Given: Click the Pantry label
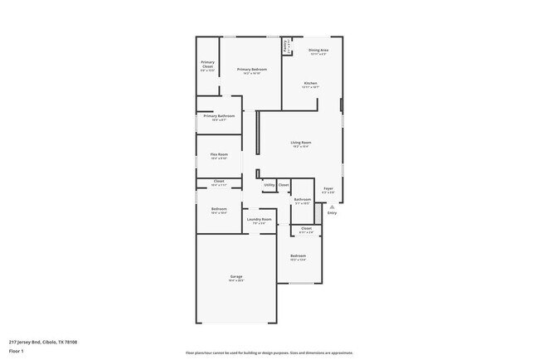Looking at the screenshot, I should tap(287, 46).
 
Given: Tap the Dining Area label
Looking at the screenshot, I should tap(318, 51).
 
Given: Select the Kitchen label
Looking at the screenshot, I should tap(310, 83).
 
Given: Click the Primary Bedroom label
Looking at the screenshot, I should tap(252, 69).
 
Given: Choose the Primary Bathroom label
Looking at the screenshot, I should tap(219, 115).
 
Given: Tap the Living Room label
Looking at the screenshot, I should tap(300, 143).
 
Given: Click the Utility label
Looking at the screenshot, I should tap(269, 184).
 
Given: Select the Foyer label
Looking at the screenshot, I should tap(328, 189).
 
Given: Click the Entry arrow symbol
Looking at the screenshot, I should tap(333, 206).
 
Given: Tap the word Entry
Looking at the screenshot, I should tap(333, 213).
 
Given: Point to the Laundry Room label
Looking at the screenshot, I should tap(259, 220).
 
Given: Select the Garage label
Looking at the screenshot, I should tap(236, 276).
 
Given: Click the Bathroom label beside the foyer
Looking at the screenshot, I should tap(302, 199).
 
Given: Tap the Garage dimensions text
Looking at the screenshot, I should tap(236, 280).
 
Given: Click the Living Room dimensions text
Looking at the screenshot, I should tap(300, 147).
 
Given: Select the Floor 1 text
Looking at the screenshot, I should tap(16, 351).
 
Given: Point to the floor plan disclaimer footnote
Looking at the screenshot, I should tap(268, 352).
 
